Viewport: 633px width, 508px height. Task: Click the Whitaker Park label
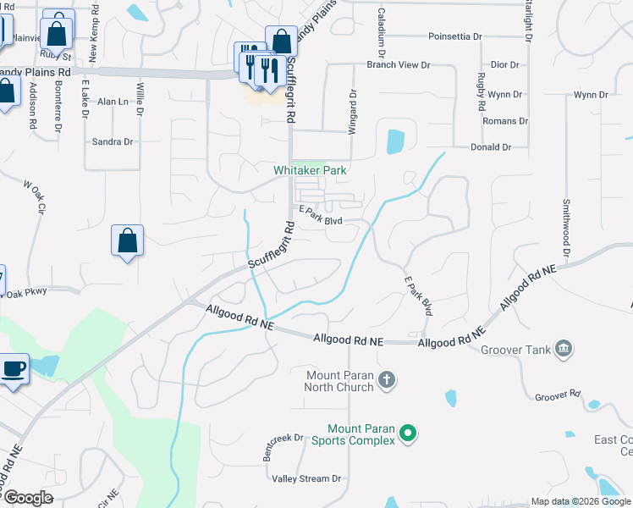[x=310, y=170]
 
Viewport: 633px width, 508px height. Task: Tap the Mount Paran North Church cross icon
[x=386, y=378]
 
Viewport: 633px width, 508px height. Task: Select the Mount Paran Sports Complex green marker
[x=408, y=433]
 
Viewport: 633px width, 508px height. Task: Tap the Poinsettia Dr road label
[x=454, y=37]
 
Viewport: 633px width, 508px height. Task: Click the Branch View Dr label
[x=398, y=64]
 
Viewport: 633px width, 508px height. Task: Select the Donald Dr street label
[x=491, y=147]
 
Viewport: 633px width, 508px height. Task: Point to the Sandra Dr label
[x=113, y=141]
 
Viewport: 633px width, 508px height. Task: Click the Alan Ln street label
[x=113, y=102]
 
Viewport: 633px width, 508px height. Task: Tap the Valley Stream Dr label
[x=305, y=478]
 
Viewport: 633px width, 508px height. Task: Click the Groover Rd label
[x=558, y=395]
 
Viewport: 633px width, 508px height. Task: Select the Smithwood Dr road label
[x=564, y=227]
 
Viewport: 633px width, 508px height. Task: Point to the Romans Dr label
[x=505, y=121]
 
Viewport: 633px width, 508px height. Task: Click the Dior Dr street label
[x=504, y=64]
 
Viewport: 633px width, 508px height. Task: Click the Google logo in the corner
[x=28, y=498]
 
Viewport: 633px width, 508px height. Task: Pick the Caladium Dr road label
[x=383, y=28]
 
